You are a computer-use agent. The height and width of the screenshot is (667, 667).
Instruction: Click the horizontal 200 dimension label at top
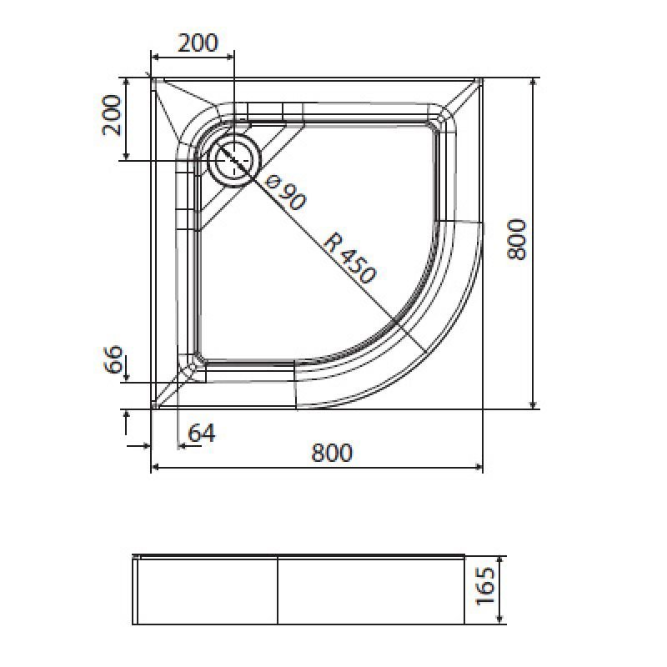pyautogui.click(x=198, y=43)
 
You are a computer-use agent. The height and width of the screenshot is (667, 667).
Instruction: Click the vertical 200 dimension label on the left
pyautogui.click(x=112, y=115)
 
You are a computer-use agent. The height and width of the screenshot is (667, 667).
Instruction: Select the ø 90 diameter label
pyautogui.click(x=285, y=193)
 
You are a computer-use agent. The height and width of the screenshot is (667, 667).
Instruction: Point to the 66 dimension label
pyautogui.click(x=113, y=359)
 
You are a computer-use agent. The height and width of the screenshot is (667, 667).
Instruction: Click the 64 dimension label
pyautogui.click(x=202, y=434)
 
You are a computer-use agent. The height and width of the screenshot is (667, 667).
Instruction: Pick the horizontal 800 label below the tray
pyautogui.click(x=332, y=453)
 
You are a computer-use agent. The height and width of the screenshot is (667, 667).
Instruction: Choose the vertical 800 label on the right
pyautogui.click(x=517, y=239)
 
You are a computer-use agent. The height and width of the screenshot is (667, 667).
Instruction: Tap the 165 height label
pyautogui.click(x=485, y=586)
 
